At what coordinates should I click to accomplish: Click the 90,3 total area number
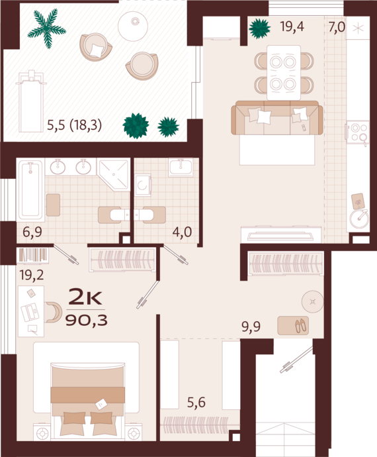tap(87, 321)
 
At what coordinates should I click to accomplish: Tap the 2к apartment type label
tap(85, 297)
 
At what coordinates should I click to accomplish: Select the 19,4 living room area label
tap(292, 26)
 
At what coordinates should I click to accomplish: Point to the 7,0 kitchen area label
tap(337, 27)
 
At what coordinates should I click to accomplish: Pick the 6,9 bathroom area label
tap(32, 232)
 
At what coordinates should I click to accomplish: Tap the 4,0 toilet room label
tap(183, 232)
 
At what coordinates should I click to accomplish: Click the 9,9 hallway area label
tap(251, 327)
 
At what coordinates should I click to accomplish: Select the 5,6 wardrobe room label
tap(196, 403)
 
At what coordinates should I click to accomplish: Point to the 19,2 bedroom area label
tap(32, 275)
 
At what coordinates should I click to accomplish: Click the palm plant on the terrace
tap(47, 28)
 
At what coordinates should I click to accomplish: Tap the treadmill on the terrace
tap(30, 101)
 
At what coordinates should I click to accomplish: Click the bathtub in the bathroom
tap(30, 191)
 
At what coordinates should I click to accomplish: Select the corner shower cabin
tap(114, 175)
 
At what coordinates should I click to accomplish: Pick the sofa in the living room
tap(277, 118)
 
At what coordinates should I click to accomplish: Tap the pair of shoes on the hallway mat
tap(301, 326)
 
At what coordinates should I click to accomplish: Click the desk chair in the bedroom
tap(54, 313)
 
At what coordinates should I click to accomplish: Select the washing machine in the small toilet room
tap(143, 185)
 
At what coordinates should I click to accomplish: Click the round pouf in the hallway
tap(313, 301)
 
